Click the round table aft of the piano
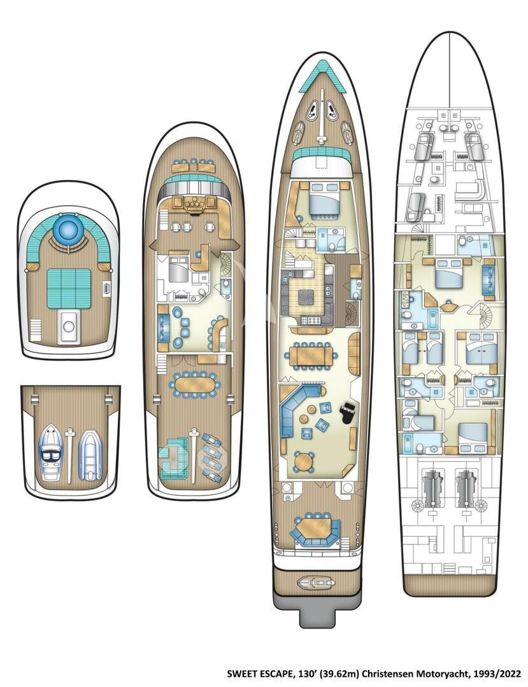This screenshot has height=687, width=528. [x=306, y=460]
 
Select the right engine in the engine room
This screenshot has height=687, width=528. [x=468, y=487]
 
